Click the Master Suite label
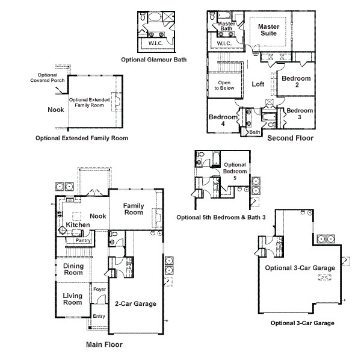coord(269,30)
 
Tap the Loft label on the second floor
coord(258,84)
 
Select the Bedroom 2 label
coord(296,81)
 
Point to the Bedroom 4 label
coord(223,120)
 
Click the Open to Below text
coord(224,85)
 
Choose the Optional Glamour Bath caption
coord(154,60)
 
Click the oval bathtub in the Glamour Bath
coord(154,17)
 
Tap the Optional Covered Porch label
coord(48,78)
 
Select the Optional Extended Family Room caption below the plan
coord(82,138)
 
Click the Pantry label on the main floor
coord(83,240)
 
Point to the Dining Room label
coord(73,269)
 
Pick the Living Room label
coord(73,299)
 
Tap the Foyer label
coord(99,290)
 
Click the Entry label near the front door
coord(99,316)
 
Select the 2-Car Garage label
coord(135,304)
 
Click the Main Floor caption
coord(104,344)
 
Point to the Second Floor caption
coord(291,138)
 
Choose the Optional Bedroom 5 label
coord(235,172)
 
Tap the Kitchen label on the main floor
coord(78,225)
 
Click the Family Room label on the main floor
coord(134,209)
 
